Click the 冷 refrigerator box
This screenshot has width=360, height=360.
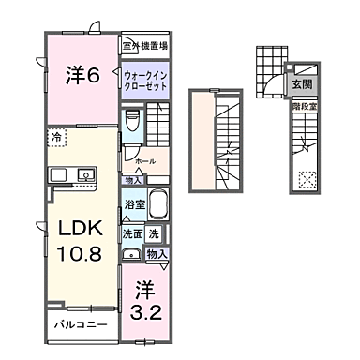[56, 137]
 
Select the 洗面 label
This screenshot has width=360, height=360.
[130, 233]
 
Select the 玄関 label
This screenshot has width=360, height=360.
[302, 83]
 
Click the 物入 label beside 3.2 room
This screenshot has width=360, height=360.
[157, 253]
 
